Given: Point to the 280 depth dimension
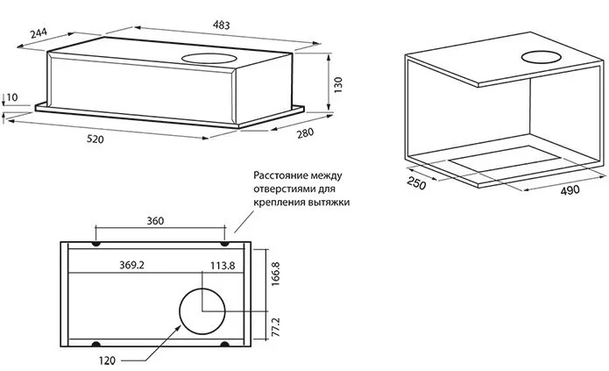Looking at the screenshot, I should (306, 132).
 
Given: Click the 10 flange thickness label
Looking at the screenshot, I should (11, 96).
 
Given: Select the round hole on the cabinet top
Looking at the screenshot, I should (542, 60).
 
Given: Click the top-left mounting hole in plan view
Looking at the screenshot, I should (96, 243).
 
